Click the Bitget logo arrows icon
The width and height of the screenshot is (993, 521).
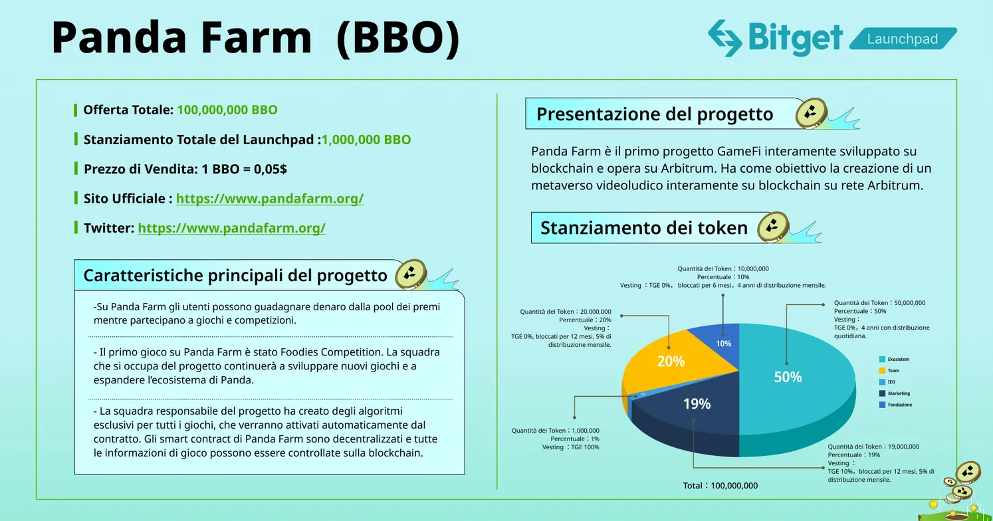(725, 38)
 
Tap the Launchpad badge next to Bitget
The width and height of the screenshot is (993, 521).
(903, 39)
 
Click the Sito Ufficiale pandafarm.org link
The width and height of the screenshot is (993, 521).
(270, 199)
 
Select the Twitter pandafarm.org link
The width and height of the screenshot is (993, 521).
(231, 228)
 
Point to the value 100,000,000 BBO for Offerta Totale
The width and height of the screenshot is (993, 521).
(227, 110)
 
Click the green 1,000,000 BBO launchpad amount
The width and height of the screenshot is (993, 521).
(367, 140)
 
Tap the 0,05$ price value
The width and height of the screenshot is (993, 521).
(271, 169)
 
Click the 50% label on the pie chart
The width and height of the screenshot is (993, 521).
(788, 377)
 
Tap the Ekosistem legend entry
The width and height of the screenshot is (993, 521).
(894, 359)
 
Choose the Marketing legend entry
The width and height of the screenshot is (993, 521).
(895, 393)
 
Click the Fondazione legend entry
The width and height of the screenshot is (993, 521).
(895, 405)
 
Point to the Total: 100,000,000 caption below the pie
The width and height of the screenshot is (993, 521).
(720, 486)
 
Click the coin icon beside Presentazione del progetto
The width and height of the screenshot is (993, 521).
(812, 114)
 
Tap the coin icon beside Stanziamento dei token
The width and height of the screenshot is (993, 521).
(773, 227)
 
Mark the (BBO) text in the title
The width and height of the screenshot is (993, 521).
(398, 39)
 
